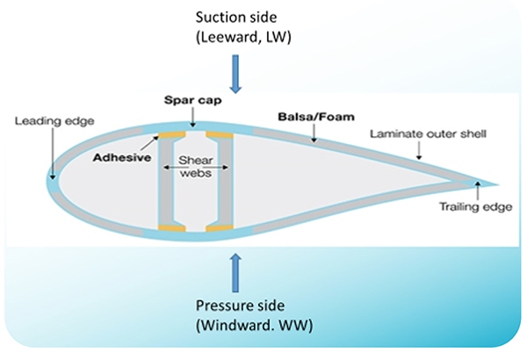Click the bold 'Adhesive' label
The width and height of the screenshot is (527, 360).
point(120,158)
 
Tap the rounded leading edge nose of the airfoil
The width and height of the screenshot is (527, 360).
point(52,180)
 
